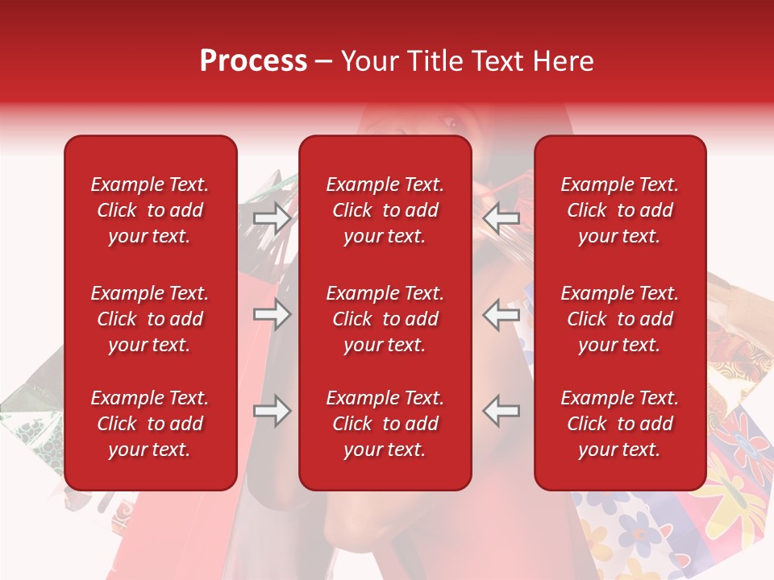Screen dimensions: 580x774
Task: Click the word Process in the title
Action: pos(253,61)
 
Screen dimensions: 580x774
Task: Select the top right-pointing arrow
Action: pos(273,218)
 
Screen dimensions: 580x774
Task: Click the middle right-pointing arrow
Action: pos(273,314)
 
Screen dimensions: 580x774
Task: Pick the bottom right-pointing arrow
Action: pos(273,410)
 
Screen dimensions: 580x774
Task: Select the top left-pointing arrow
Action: pos(501,218)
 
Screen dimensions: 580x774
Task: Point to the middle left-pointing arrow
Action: pos(501,314)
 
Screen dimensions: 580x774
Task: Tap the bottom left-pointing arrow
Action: pos(501,410)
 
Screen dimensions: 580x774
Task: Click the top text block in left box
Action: pos(150,210)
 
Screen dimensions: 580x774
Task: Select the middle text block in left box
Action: pos(150,319)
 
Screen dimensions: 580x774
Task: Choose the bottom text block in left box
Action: pos(150,424)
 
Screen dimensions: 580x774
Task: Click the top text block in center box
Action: pos(385,210)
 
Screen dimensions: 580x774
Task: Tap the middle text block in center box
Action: pos(385,319)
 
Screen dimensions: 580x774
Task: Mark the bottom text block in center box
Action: pos(385,424)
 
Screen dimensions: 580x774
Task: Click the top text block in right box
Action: pos(619,210)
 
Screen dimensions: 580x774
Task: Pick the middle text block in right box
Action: pos(619,319)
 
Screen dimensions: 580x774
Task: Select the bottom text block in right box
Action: pos(619,424)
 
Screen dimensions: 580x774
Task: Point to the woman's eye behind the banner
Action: pos(448,123)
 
